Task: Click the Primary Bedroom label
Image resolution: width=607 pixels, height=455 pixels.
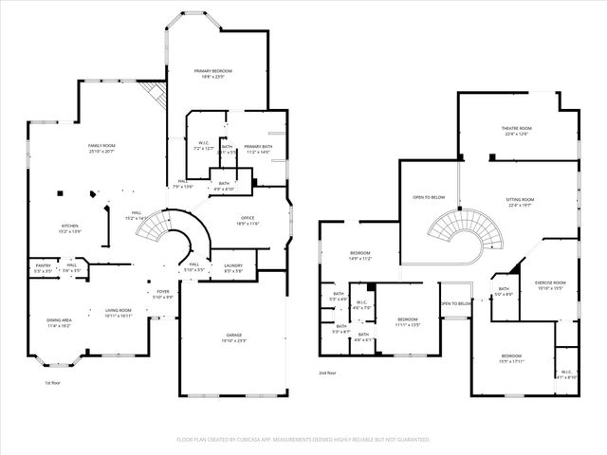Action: click(x=213, y=74)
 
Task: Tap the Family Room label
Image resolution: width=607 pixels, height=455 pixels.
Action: click(x=101, y=148)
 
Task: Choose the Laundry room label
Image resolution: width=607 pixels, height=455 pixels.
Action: click(x=233, y=268)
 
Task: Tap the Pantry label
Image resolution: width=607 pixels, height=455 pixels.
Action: click(x=43, y=268)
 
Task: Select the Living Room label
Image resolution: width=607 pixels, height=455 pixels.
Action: click(x=118, y=313)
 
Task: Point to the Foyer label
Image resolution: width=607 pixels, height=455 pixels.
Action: click(x=163, y=295)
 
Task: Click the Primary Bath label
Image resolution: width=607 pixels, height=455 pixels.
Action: click(x=258, y=149)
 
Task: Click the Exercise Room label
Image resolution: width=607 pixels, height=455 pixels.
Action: click(x=550, y=284)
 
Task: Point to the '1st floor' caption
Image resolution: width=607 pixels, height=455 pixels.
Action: click(x=54, y=383)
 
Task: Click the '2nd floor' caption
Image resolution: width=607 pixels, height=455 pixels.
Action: click(x=328, y=373)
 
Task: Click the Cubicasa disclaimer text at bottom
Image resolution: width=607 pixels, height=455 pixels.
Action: click(x=303, y=440)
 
